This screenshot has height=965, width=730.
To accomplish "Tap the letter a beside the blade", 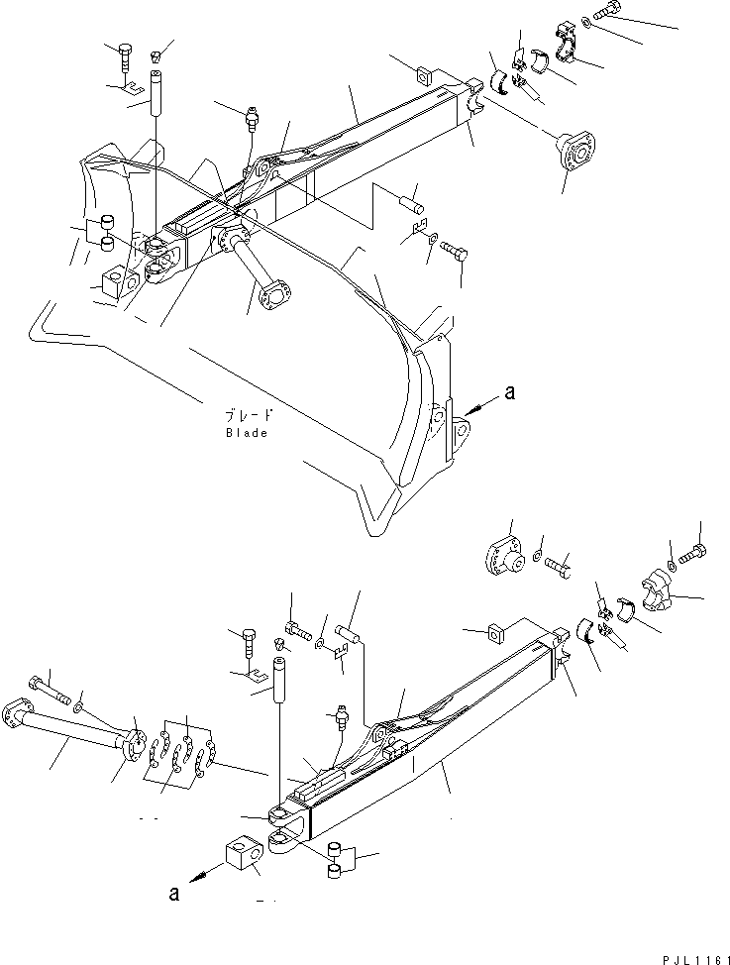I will point(510,393).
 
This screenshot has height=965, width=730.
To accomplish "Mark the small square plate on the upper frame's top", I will point(424,75).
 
